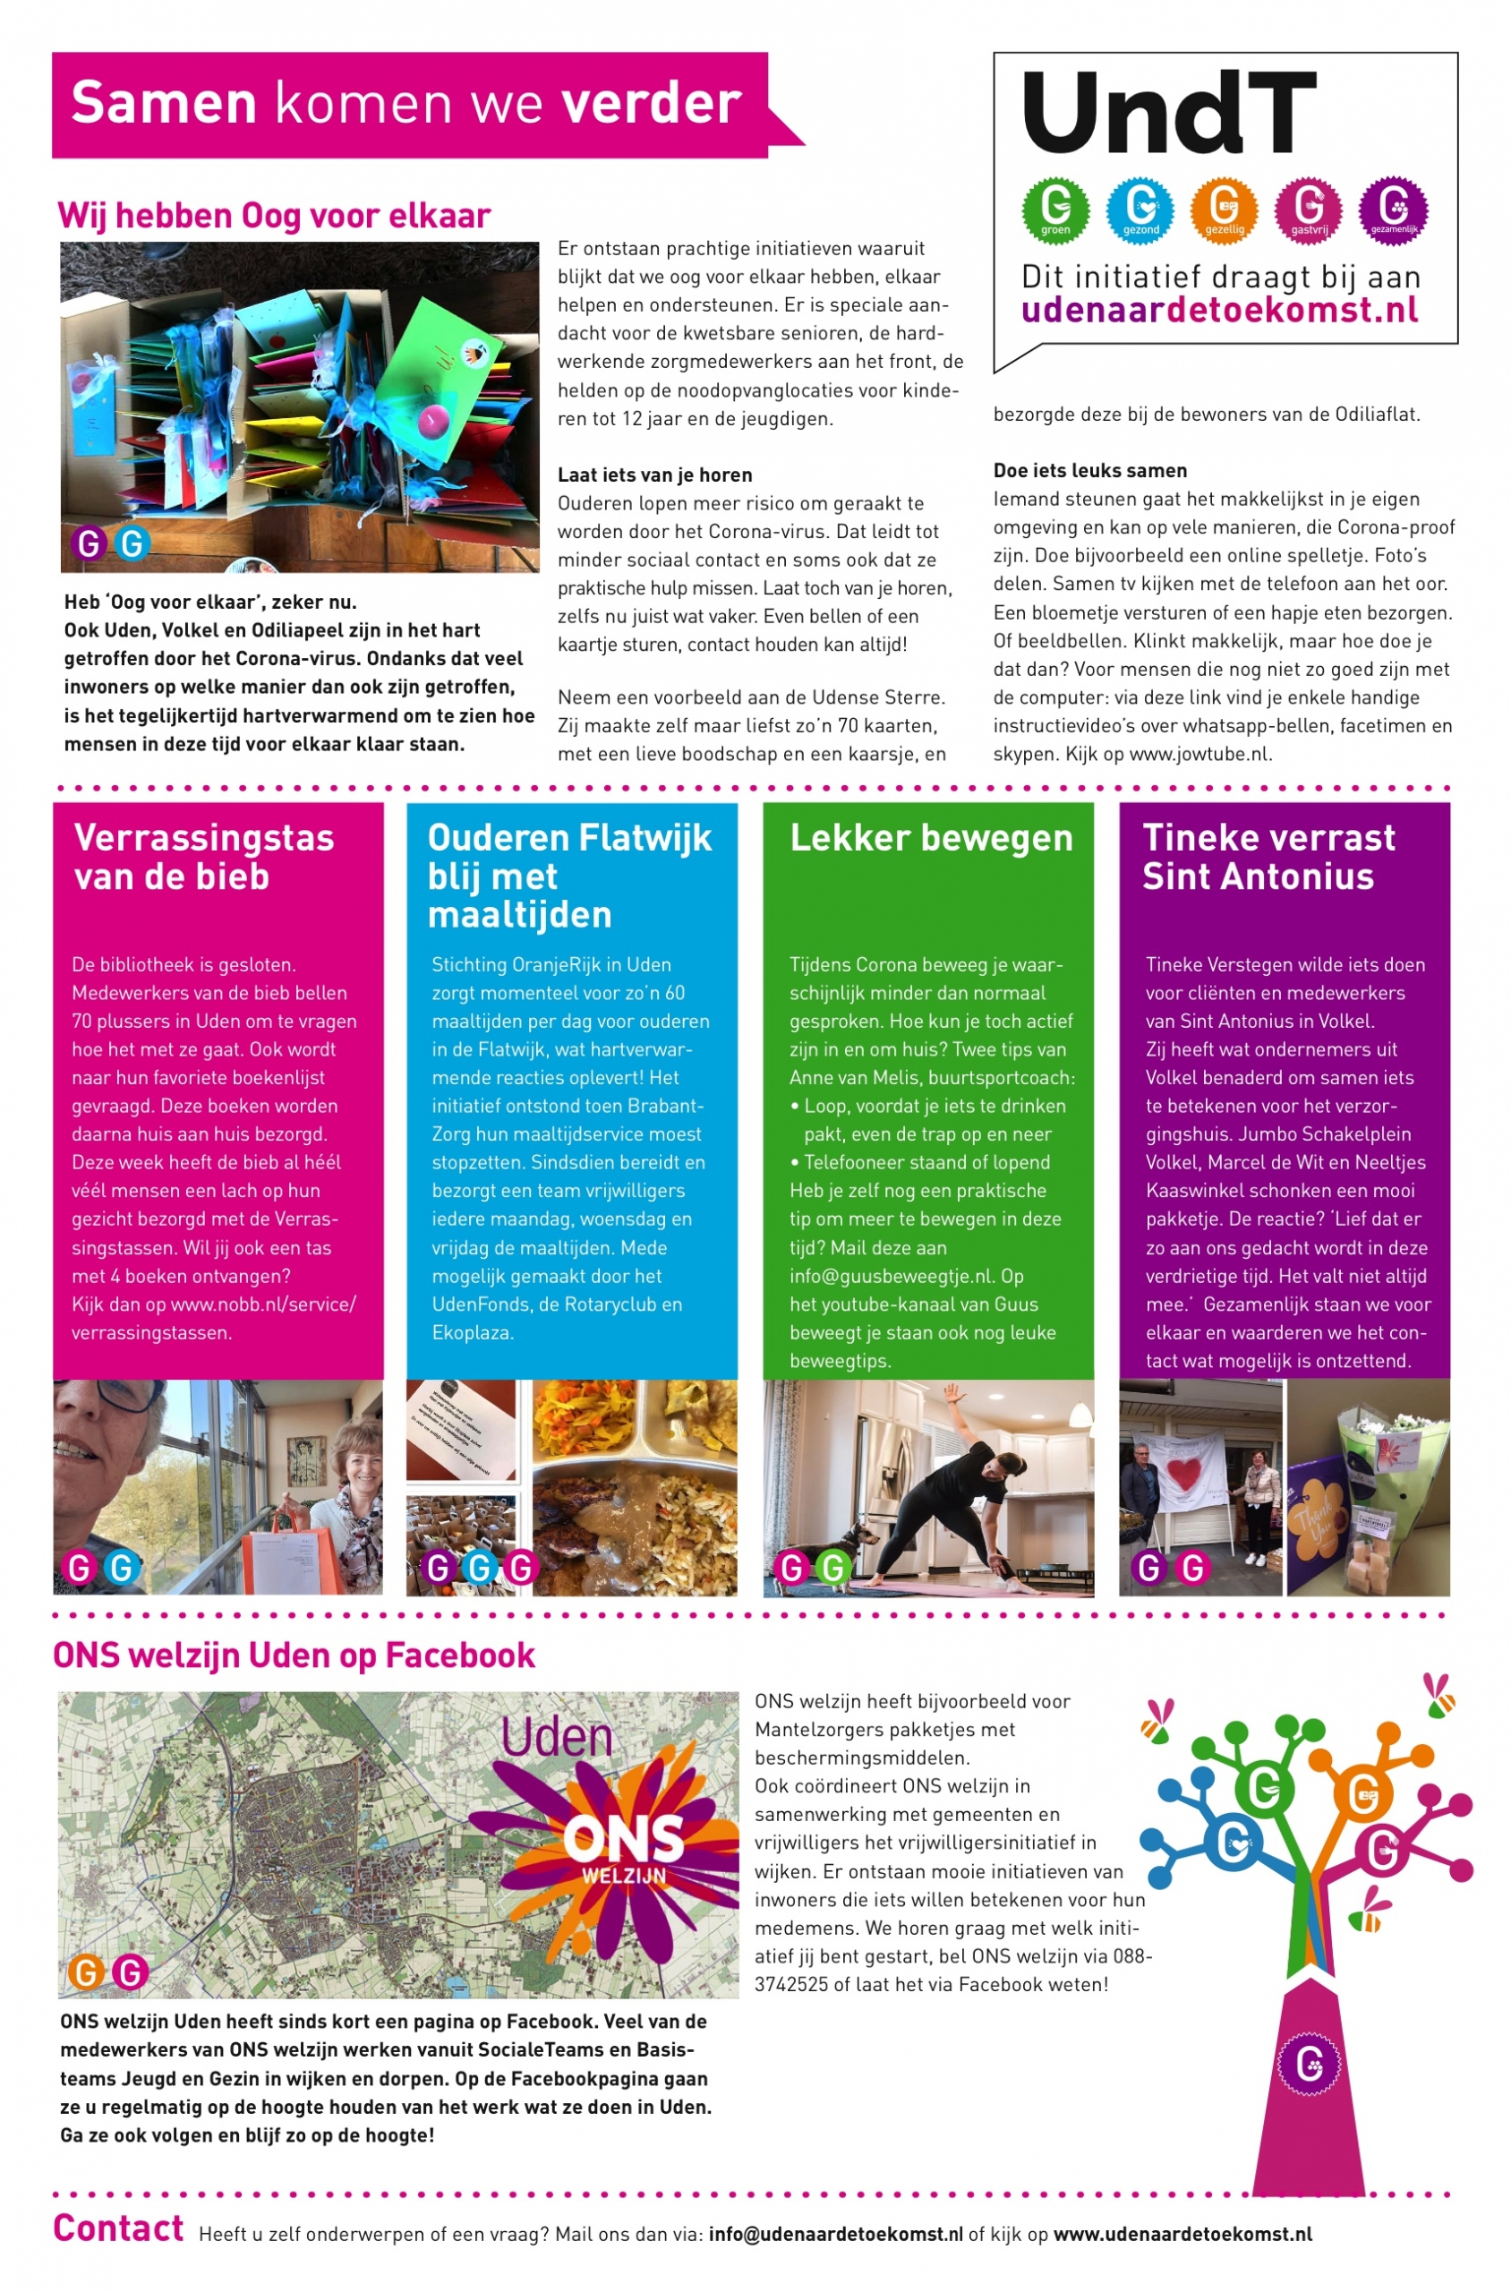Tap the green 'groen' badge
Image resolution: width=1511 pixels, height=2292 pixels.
point(1055,210)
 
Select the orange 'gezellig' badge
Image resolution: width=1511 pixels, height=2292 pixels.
point(1224,210)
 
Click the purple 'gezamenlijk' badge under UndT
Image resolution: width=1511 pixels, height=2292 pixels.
point(1393,210)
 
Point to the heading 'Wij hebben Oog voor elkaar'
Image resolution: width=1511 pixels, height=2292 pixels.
point(274,216)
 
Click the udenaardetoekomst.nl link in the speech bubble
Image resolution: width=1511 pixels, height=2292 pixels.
point(1219,311)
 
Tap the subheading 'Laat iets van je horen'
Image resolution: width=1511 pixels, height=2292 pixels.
point(654,475)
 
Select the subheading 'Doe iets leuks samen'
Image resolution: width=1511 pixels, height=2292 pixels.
point(1090,471)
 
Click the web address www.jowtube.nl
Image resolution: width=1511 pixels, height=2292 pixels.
point(1199,755)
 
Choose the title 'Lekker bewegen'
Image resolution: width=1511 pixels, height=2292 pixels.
point(931,839)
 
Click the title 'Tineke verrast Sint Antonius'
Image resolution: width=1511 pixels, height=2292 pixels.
point(1268,857)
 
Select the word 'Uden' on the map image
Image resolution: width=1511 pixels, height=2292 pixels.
point(556,1738)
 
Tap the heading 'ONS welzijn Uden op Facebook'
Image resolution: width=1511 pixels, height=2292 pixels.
point(293,1655)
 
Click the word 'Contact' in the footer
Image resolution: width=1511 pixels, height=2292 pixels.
point(117,2228)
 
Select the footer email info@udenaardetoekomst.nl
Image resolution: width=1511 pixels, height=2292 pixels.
point(835,2234)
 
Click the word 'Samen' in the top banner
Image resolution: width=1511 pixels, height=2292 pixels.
point(164,103)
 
